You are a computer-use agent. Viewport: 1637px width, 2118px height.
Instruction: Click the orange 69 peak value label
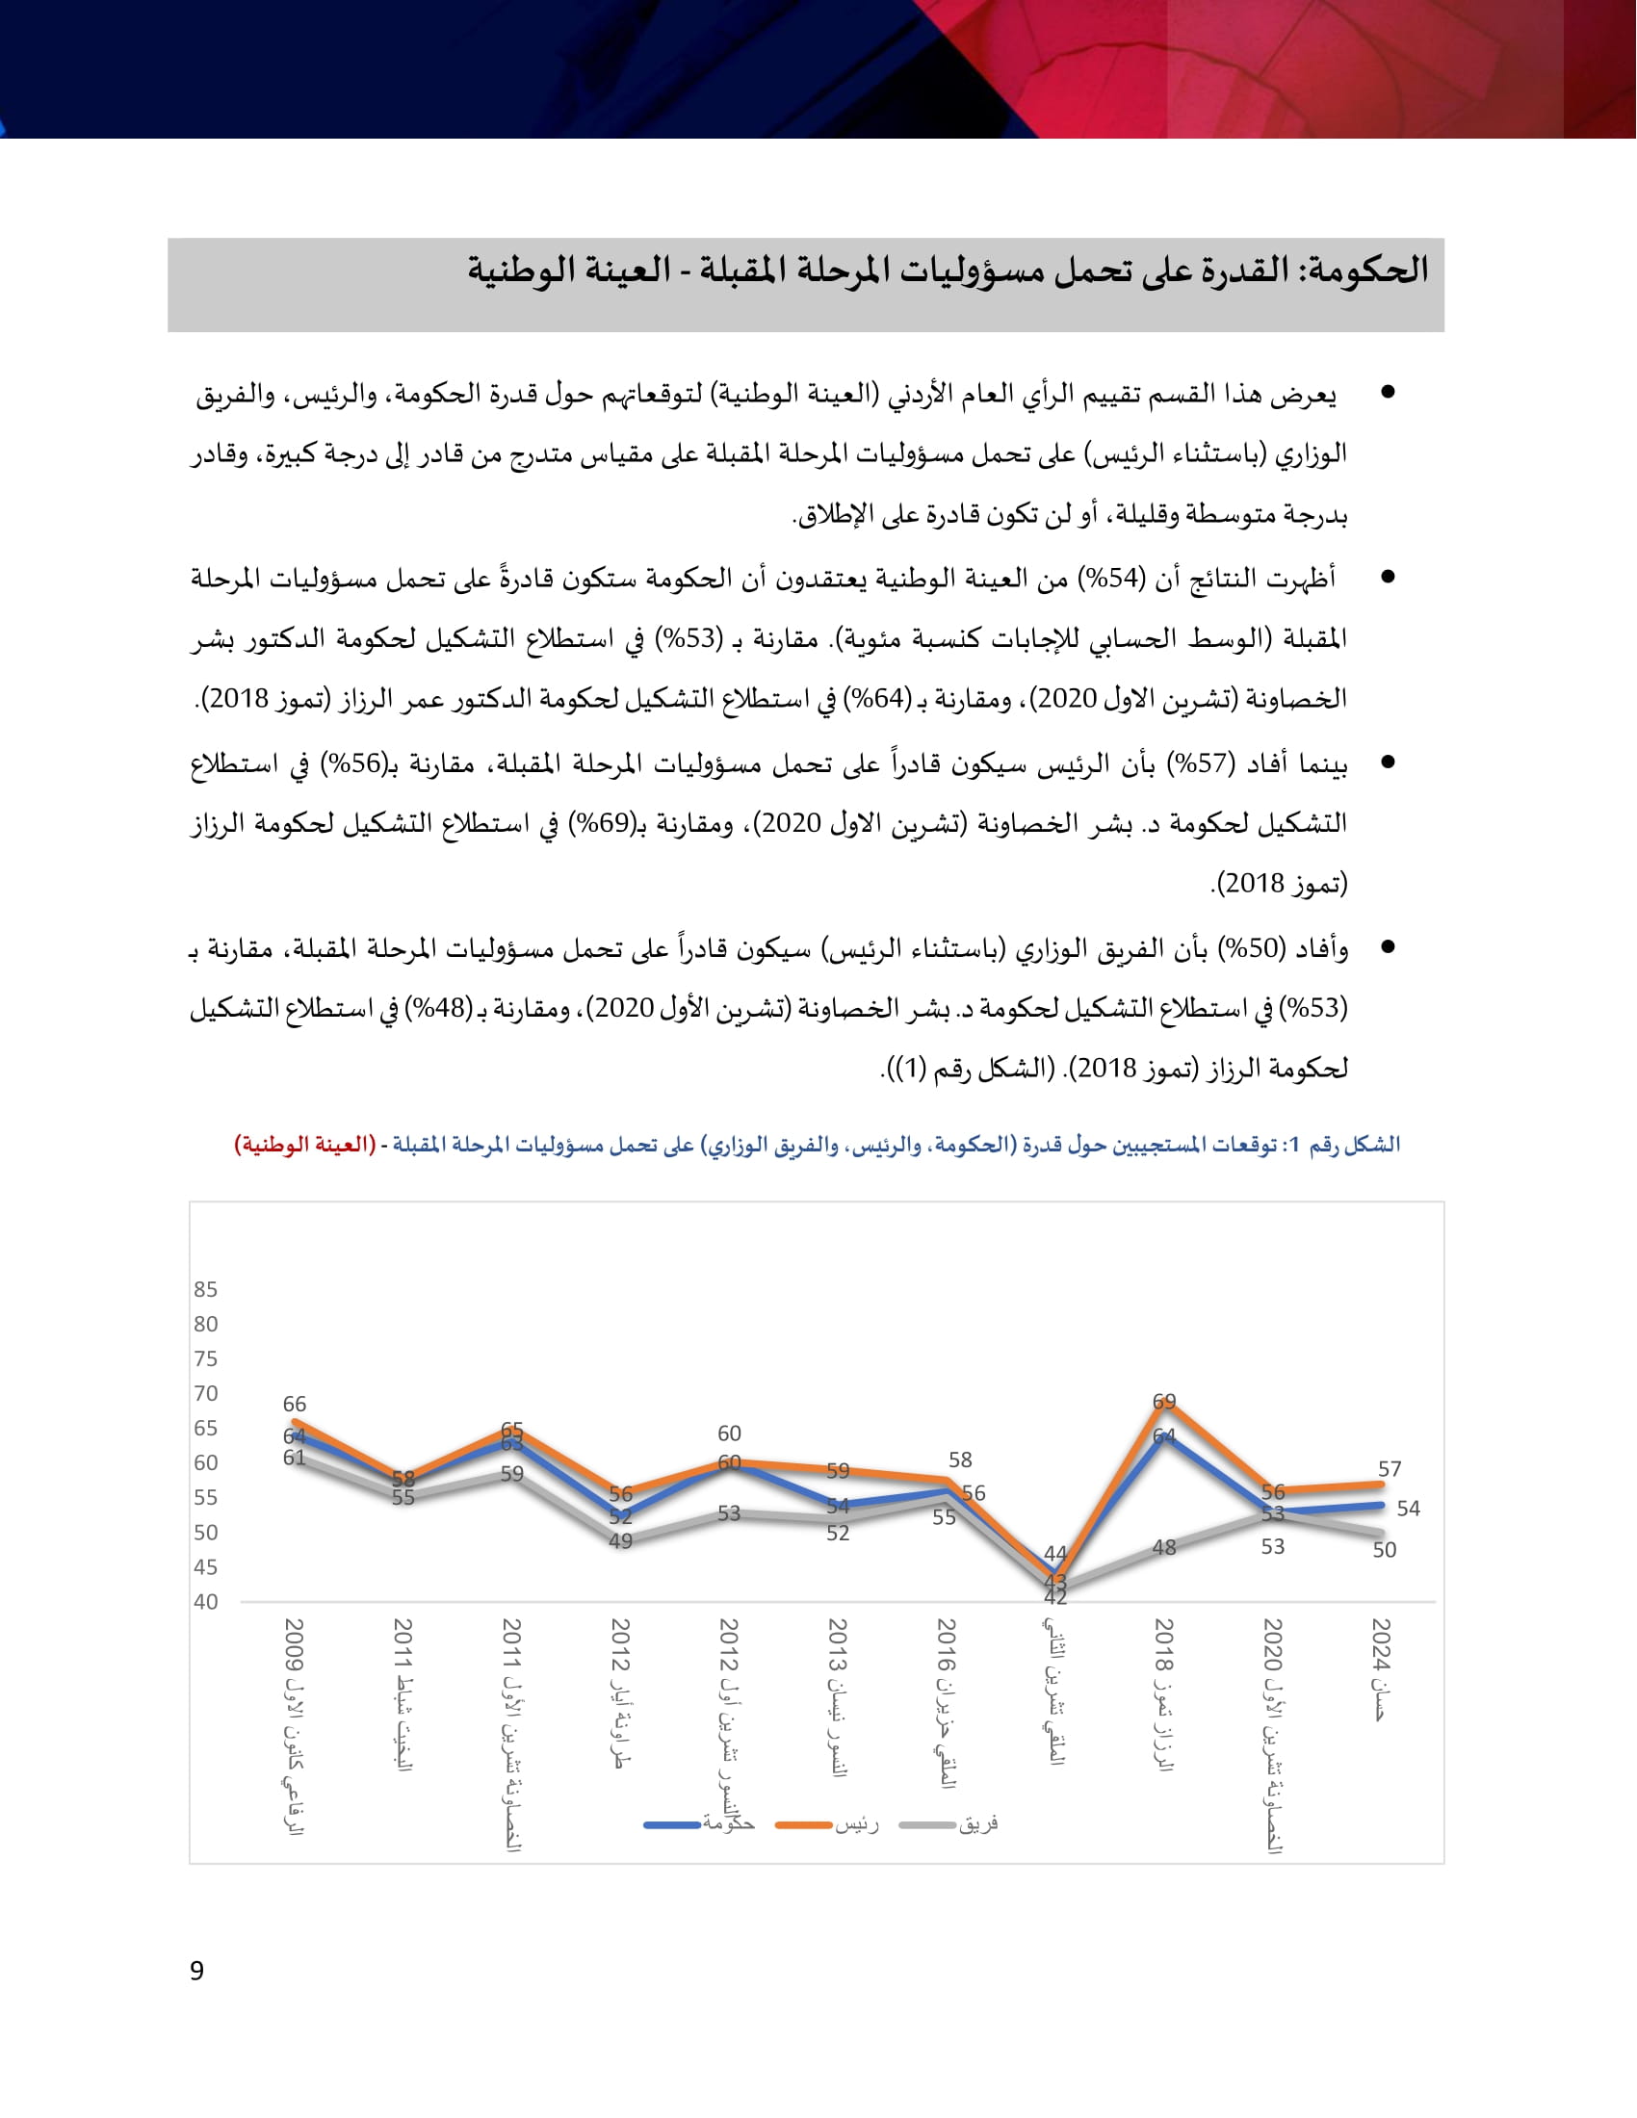pos(1164,1402)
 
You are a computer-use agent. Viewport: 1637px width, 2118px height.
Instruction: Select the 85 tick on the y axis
pos(206,1289)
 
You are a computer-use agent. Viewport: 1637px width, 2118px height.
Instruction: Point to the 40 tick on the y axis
pos(206,1602)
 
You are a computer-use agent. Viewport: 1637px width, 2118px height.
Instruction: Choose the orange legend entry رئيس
pos(828,1824)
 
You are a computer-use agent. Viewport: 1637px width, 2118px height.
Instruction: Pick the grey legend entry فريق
pos(949,1824)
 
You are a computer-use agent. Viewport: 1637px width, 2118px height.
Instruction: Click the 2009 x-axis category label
pos(294,1726)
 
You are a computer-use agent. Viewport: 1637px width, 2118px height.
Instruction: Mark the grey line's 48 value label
pos(1164,1548)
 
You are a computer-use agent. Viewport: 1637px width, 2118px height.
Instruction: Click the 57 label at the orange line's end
pos(1390,1469)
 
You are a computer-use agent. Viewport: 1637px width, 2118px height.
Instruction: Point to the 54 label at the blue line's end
pos(1408,1509)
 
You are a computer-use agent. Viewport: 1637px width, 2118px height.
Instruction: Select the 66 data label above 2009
pos(295,1405)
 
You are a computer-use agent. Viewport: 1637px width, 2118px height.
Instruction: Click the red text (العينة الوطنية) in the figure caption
pos(304,1146)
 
